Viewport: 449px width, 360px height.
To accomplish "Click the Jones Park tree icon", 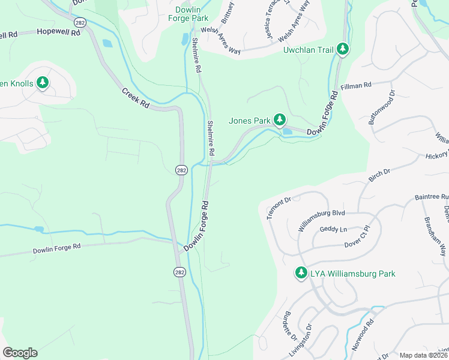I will point(280,120).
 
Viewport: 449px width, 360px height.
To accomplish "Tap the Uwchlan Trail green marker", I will point(342,49).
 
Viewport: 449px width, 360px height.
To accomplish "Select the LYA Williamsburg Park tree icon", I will point(301,273).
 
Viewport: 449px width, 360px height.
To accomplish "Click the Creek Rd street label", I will point(136,98).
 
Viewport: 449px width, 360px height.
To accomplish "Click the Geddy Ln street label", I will point(334,229).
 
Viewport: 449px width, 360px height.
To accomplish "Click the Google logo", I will point(20,353).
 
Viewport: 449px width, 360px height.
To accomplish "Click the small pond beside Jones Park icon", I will point(287,131).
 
